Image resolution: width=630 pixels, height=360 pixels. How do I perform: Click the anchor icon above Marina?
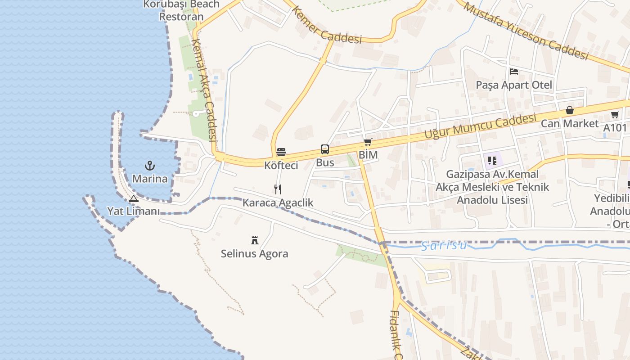[149, 166]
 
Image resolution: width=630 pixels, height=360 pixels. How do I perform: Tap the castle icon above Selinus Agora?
[255, 240]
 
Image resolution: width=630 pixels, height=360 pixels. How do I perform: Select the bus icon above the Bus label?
[324, 149]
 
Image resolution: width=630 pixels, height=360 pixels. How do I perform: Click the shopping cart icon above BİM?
[368, 143]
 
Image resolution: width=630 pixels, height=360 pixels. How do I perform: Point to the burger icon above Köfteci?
[281, 152]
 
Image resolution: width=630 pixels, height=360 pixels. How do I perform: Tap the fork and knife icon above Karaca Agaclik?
[278, 189]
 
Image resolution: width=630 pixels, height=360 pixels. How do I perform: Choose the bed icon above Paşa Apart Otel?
[513, 72]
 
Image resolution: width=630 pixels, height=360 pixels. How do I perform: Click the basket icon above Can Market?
[570, 110]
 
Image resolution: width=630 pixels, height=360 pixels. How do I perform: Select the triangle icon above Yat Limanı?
[133, 198]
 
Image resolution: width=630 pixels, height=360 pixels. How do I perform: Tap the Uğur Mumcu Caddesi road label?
[481, 126]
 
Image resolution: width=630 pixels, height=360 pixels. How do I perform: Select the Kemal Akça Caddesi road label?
[205, 95]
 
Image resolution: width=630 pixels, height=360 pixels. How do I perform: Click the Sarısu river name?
[444, 246]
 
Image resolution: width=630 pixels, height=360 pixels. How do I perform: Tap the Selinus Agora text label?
[254, 254]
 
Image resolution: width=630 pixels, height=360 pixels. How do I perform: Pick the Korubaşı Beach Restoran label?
[181, 10]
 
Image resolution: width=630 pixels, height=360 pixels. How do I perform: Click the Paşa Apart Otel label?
[514, 85]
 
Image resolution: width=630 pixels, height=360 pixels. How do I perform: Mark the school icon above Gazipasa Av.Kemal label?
[492, 160]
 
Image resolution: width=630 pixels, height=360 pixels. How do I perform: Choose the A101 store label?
[615, 128]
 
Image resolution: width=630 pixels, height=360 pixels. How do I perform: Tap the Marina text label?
[150, 179]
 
